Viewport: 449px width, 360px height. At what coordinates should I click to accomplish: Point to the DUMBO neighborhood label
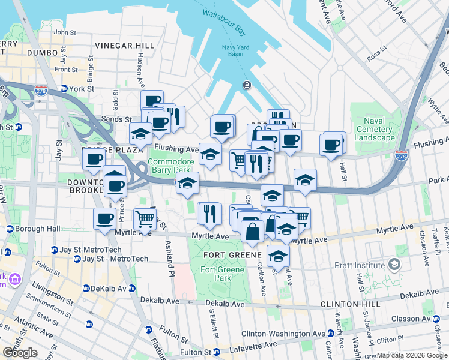41,53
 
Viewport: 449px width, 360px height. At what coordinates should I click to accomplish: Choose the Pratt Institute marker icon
394,264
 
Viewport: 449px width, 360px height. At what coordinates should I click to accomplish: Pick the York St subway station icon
64,88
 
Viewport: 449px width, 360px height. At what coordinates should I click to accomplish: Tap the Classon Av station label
416,319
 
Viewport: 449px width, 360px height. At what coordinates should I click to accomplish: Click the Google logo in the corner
20,353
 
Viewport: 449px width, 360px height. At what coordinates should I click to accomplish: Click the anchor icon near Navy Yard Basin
246,85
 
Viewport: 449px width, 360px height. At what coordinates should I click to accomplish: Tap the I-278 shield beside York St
41,90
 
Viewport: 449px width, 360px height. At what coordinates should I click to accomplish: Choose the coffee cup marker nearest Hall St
332,145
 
